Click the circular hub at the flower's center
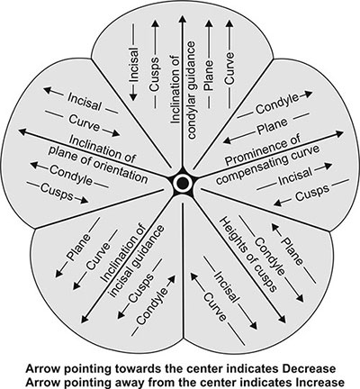click(182, 182)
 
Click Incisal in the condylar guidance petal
click(134, 64)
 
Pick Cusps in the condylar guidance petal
click(155, 75)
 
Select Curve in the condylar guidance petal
click(229, 68)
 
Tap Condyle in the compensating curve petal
click(277, 104)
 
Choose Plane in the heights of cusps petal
click(292, 251)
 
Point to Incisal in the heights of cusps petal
click(228, 286)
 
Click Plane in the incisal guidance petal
click(78, 247)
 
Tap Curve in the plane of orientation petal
click(85, 122)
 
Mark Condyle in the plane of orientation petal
click(71, 175)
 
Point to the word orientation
click(119, 168)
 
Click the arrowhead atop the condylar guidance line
click(182, 19)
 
